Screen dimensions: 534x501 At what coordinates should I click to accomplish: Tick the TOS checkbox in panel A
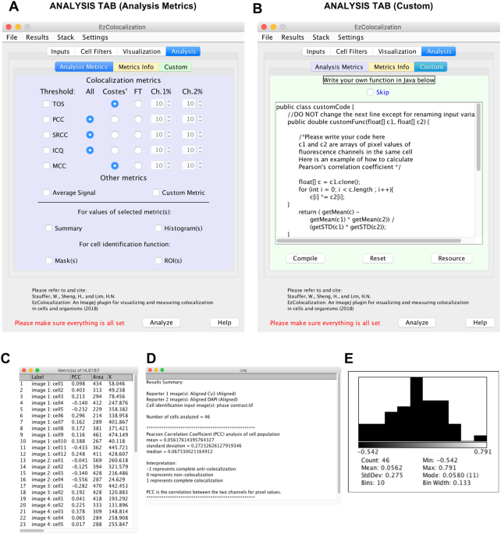click(48, 104)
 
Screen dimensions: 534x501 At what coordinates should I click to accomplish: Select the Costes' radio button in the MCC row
click(115, 165)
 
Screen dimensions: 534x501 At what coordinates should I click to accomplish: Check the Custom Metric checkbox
click(157, 193)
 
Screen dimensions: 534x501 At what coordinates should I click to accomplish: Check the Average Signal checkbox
click(48, 193)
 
